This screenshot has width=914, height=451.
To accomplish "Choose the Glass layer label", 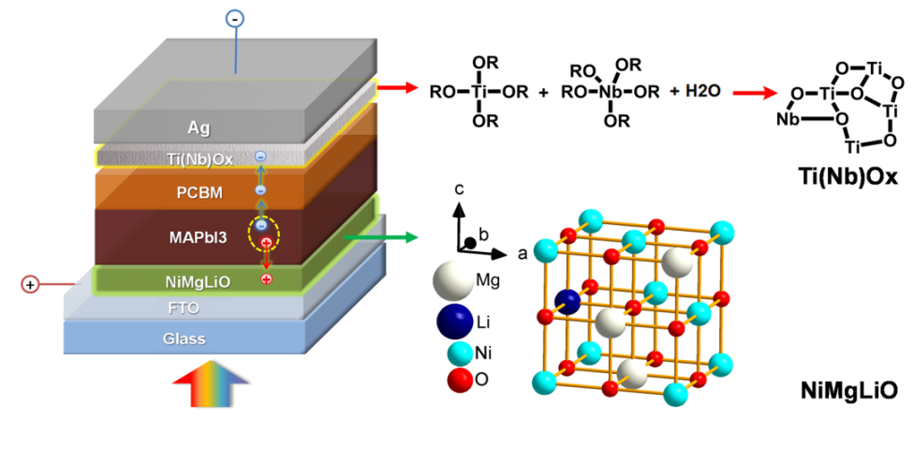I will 184,338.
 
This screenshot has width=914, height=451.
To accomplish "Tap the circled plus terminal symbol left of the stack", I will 29,283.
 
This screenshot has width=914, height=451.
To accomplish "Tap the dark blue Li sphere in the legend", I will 454,322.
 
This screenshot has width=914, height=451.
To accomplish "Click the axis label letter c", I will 459,188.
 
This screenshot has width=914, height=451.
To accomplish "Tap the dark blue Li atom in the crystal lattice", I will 568,301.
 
